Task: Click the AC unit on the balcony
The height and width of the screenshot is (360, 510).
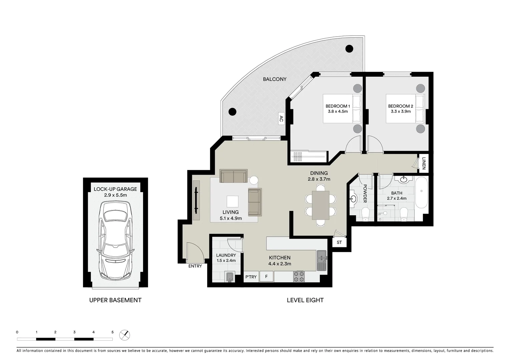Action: [281, 119]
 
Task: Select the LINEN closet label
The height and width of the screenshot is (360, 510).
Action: [424, 163]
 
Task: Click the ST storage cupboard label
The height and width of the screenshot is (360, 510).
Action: [339, 242]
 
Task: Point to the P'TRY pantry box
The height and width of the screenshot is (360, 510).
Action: [251, 277]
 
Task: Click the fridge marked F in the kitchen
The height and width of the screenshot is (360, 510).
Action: [266, 277]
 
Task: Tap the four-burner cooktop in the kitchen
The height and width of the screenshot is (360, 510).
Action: [299, 276]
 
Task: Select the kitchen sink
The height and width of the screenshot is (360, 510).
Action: [322, 260]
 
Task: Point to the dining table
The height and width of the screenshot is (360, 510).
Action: [321, 205]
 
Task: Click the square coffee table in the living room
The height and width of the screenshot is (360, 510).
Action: [232, 201]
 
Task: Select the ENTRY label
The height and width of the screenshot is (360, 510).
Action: [195, 266]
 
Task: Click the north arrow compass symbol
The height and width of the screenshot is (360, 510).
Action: [124, 335]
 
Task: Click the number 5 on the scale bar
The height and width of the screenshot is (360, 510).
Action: [112, 332]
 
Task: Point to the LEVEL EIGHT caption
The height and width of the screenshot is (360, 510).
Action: [305, 300]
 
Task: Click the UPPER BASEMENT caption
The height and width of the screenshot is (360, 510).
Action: [115, 300]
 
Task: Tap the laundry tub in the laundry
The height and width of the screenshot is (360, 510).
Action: [230, 277]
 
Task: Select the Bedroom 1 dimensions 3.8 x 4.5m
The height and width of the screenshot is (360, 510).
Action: [338, 111]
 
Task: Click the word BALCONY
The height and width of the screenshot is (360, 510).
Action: [275, 79]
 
